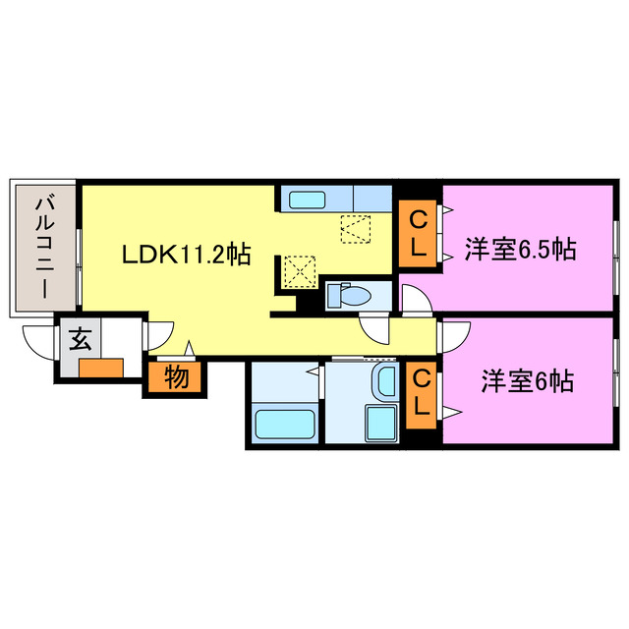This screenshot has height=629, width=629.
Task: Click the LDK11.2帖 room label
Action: [x=186, y=257]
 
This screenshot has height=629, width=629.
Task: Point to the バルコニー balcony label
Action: [x=44, y=247]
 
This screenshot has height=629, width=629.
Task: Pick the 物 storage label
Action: [x=177, y=376]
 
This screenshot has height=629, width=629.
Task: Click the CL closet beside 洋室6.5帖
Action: [x=418, y=233]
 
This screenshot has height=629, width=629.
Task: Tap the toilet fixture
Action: [x=347, y=293]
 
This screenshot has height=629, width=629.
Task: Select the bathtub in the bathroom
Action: [x=284, y=425]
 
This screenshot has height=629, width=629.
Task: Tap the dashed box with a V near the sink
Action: [x=355, y=229]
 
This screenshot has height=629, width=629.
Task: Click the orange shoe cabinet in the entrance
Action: [x=102, y=370]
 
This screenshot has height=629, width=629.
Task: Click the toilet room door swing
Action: [x=376, y=328]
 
